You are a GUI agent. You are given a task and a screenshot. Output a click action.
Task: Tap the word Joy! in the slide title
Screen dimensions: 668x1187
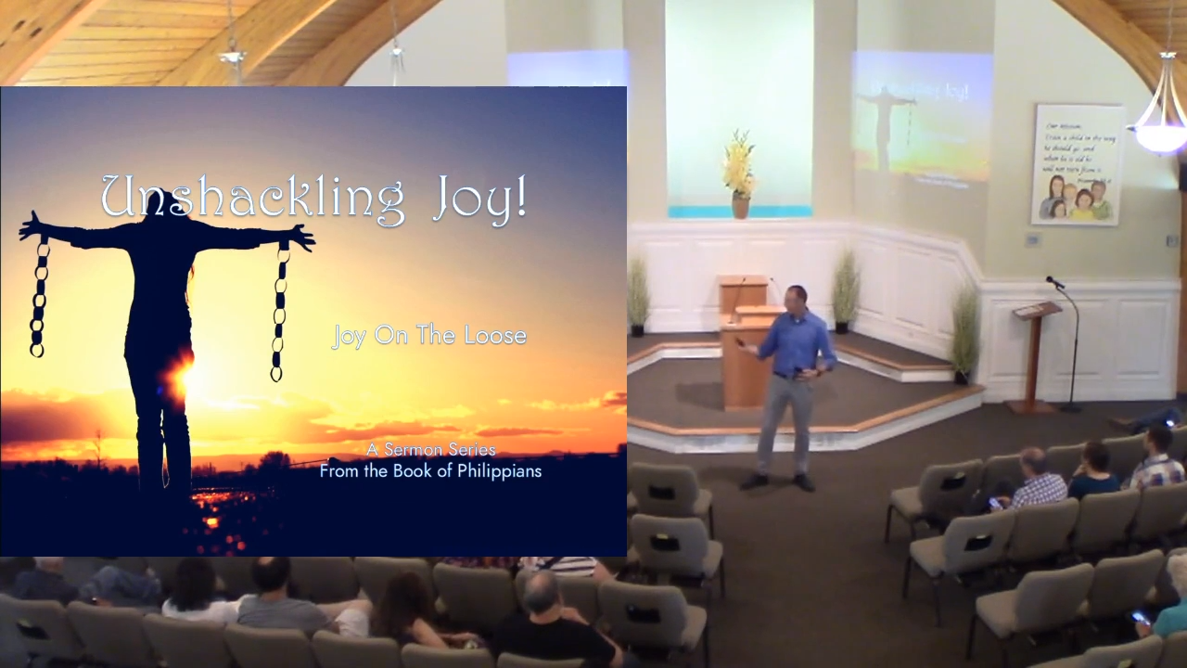click(x=479, y=198)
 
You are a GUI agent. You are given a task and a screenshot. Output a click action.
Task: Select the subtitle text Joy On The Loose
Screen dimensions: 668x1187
click(x=428, y=335)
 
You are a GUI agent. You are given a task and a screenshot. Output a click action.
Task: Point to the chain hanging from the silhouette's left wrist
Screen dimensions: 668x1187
click(x=38, y=297)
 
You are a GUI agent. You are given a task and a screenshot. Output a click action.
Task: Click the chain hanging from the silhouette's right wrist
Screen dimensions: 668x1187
click(x=279, y=311)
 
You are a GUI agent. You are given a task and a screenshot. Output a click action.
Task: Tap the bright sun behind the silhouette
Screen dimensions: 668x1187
click(x=182, y=376)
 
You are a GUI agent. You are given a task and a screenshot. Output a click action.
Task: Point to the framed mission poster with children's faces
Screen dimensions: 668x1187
click(x=1077, y=164)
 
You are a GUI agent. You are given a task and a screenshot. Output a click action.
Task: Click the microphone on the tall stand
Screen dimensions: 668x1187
click(x=1055, y=282)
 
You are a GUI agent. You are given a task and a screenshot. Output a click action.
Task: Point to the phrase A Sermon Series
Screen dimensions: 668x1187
click(x=430, y=450)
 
